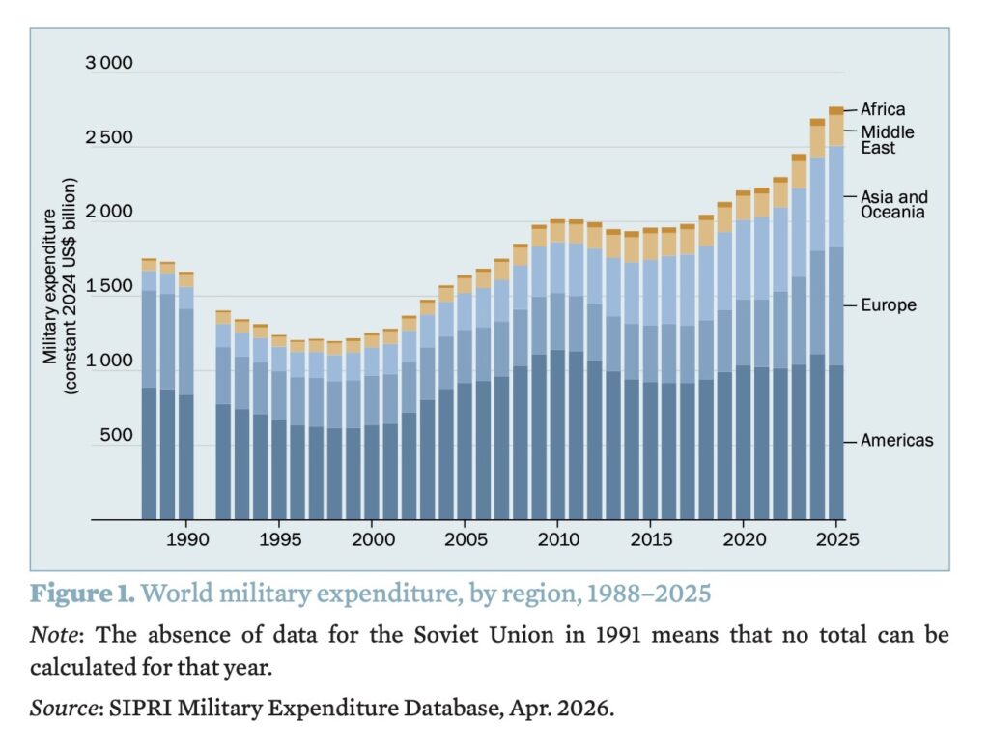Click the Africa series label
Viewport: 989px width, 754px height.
883,110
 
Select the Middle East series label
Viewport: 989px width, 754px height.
887,140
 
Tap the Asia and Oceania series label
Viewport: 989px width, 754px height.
893,205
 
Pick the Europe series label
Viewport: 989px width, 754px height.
889,305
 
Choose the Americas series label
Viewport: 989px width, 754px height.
896,441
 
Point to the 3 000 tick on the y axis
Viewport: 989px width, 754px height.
108,65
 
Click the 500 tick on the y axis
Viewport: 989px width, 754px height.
115,436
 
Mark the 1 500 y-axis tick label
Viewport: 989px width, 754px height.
108,288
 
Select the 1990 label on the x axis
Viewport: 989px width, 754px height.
185,538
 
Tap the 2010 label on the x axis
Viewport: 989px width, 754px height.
557,538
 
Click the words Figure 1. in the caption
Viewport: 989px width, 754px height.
82,593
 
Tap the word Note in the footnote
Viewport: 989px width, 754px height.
49,636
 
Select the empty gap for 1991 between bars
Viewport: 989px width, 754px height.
204,435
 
